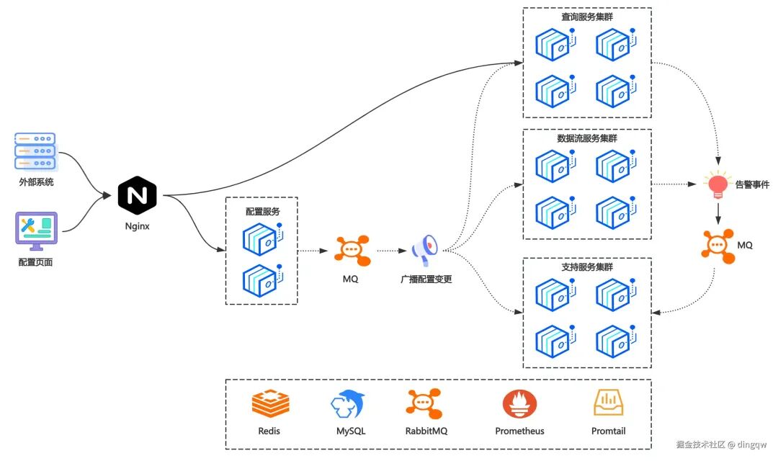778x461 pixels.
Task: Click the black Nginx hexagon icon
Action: click(137, 194)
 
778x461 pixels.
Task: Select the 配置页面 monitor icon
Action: click(35, 230)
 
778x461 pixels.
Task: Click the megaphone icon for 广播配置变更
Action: click(425, 249)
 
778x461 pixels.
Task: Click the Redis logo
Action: click(270, 403)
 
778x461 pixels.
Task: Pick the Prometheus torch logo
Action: click(519, 404)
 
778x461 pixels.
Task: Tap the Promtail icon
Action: click(609, 403)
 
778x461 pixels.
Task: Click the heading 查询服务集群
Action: click(587, 16)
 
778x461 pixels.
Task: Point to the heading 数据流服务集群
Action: click(587, 138)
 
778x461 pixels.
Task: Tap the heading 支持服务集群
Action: click(587, 267)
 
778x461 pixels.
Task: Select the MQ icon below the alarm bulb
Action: click(717, 246)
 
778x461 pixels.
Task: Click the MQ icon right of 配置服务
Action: click(352, 250)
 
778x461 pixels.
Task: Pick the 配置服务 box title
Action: click(262, 212)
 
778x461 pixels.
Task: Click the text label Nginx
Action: click(137, 225)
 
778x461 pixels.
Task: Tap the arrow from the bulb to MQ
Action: click(717, 214)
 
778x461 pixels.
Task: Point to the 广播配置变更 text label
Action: click(426, 279)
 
